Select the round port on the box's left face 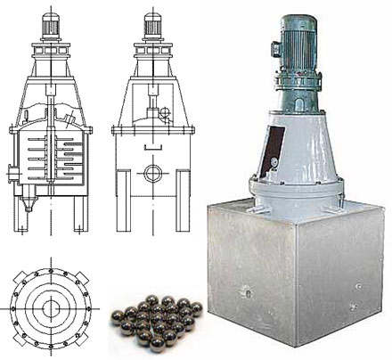(246, 290)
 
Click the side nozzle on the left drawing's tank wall (12, 169)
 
